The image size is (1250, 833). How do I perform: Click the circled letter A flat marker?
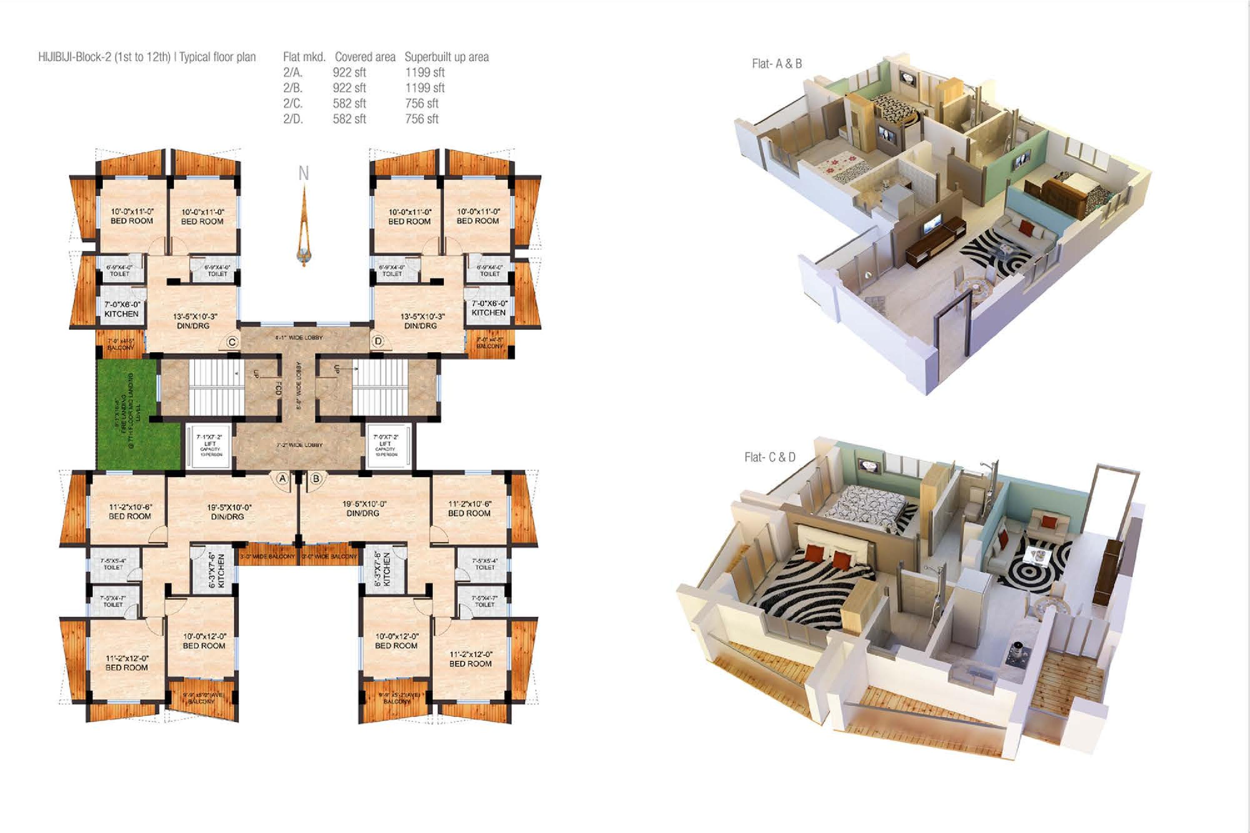(x=282, y=479)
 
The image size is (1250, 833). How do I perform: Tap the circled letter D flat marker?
(x=378, y=341)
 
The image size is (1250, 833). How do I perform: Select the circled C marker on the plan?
(x=232, y=342)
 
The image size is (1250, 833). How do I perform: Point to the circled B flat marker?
(x=316, y=479)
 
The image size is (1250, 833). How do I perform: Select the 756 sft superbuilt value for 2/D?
(x=421, y=119)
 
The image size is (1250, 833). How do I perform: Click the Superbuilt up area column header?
(x=446, y=57)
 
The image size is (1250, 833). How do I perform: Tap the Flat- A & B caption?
(x=777, y=64)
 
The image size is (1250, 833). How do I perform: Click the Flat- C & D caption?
(x=770, y=457)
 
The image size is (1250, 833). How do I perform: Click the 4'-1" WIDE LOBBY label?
(x=299, y=338)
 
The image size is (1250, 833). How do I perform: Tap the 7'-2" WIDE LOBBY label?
(x=299, y=445)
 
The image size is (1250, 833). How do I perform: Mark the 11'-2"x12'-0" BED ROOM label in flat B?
(x=470, y=659)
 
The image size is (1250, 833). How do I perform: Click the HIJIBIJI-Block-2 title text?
(x=147, y=57)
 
